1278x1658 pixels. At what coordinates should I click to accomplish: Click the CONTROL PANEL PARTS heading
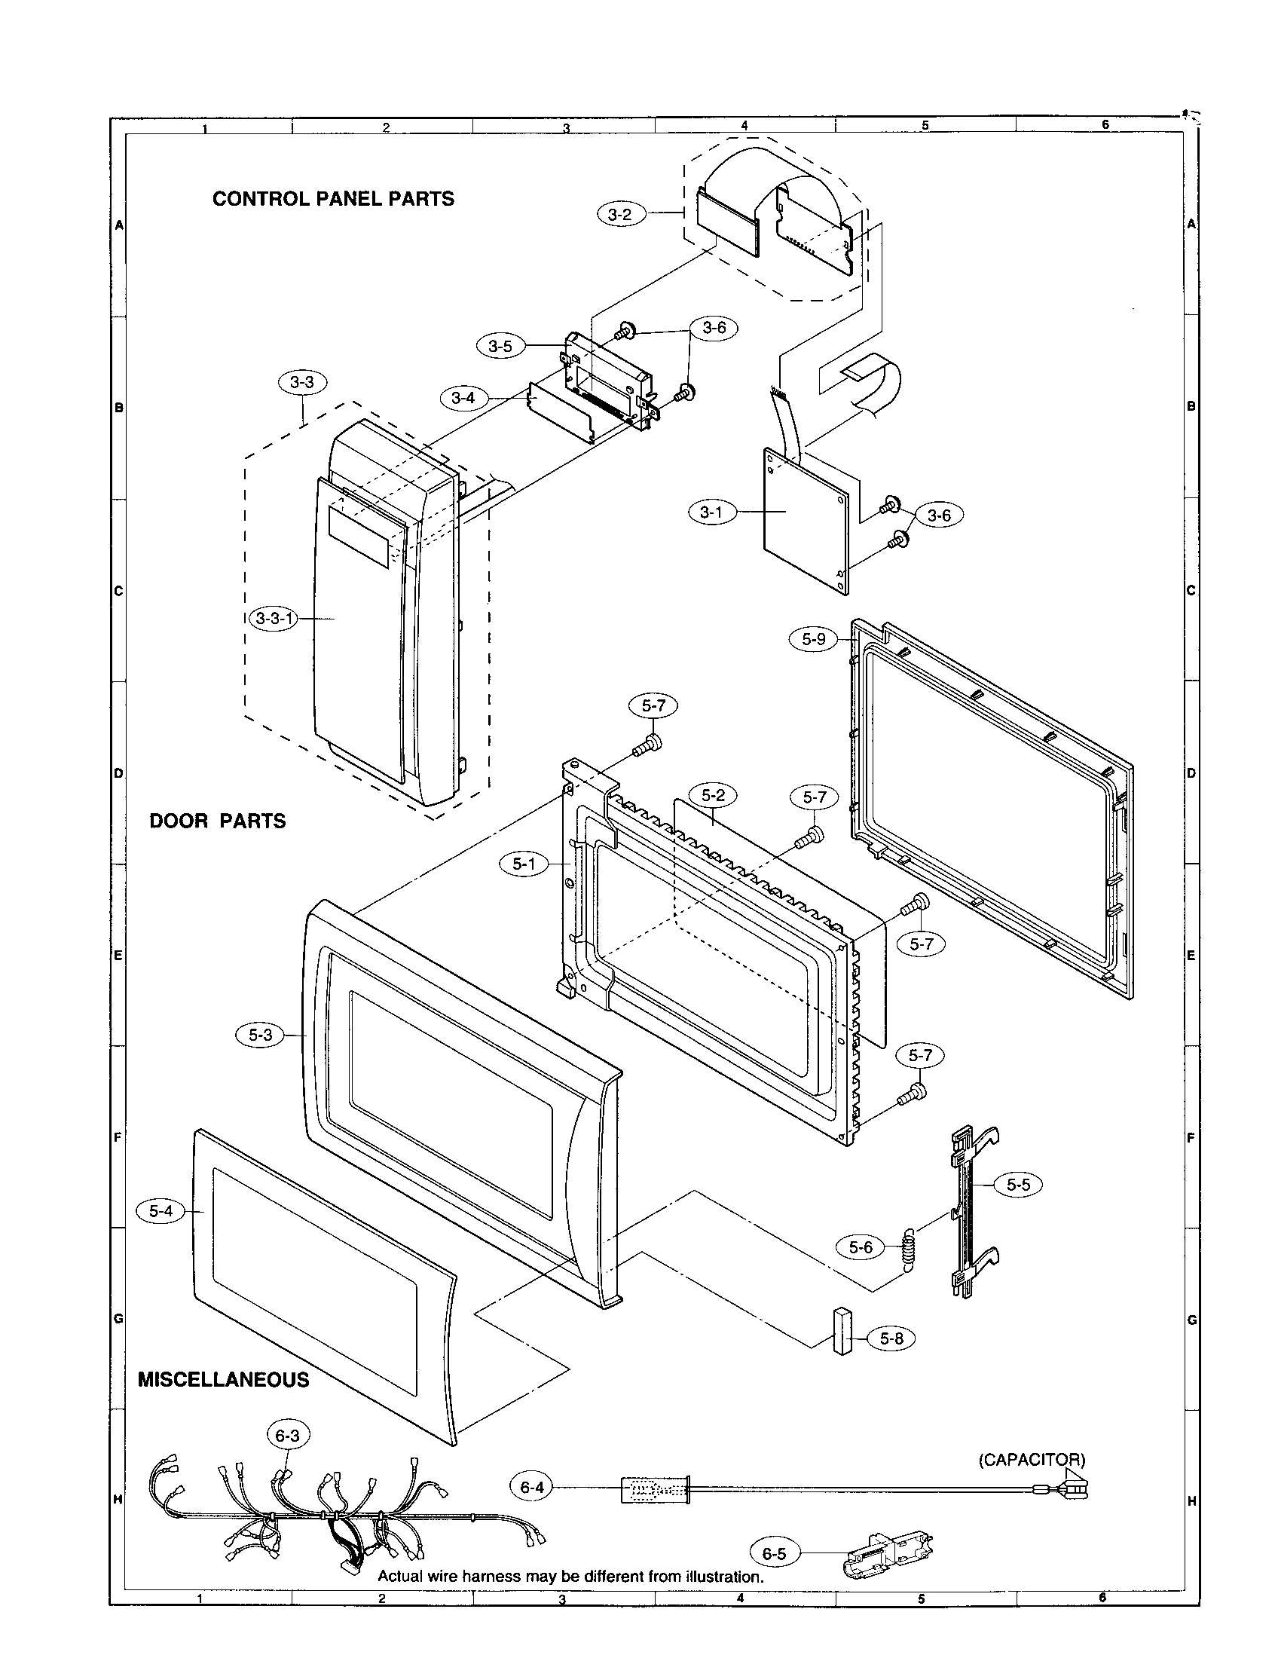tap(333, 199)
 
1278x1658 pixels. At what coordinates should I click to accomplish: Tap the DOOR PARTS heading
tap(218, 821)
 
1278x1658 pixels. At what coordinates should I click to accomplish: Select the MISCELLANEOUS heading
tap(223, 1379)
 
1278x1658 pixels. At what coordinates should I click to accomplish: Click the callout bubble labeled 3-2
tap(620, 215)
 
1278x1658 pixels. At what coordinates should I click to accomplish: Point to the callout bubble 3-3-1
tap(274, 619)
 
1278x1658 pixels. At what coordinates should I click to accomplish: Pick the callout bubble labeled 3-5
tap(500, 347)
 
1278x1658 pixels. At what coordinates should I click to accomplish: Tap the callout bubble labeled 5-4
tap(161, 1212)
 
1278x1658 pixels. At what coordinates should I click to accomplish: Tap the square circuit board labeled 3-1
tap(806, 522)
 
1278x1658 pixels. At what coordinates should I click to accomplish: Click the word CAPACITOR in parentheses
tap(1032, 1460)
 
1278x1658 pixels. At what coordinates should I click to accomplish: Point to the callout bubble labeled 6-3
tap(288, 1435)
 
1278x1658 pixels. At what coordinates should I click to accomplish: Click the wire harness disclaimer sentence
tap(570, 1576)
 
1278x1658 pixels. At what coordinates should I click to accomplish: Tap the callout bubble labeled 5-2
tap(713, 796)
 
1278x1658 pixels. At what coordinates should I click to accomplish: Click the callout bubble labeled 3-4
tap(463, 397)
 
